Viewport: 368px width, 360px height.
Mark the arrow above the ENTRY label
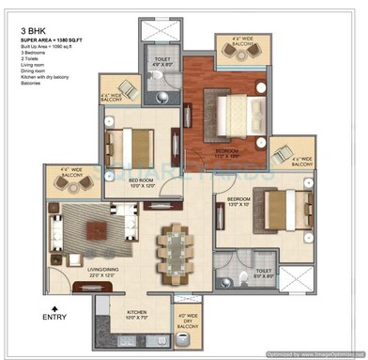click(x=55, y=306)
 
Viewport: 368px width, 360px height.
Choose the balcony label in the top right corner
click(x=234, y=42)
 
